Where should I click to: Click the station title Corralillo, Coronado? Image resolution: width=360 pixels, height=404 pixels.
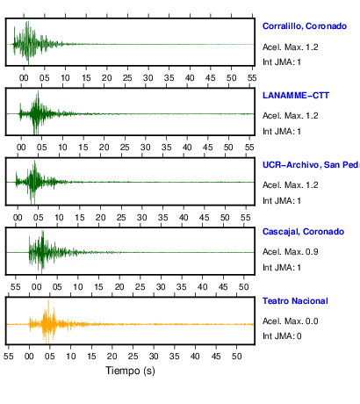click(305, 26)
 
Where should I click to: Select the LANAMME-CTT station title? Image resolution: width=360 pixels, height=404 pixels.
click(296, 96)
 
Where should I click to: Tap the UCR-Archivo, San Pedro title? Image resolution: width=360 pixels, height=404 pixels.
click(311, 165)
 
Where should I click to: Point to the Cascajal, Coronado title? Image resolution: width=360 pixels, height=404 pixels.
click(303, 232)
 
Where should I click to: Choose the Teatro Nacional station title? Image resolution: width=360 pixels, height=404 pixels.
click(295, 301)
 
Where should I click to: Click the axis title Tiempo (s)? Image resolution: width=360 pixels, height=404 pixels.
click(130, 371)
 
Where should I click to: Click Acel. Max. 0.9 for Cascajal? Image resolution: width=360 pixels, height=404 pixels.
click(291, 252)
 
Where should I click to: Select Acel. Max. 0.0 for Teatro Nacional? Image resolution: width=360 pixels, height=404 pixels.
click(291, 321)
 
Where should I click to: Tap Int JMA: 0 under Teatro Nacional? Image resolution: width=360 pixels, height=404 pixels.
click(282, 335)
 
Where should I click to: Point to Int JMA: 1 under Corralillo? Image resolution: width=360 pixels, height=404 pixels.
click(282, 62)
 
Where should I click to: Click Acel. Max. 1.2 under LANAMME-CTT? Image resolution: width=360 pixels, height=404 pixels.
click(291, 116)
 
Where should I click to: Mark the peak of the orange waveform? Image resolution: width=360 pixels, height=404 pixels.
click(48, 300)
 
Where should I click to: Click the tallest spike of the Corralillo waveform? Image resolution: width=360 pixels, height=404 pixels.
click(28, 21)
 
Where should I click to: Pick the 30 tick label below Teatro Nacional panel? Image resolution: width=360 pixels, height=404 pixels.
click(154, 357)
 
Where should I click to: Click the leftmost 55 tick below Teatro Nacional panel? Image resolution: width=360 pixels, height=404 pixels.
click(9, 357)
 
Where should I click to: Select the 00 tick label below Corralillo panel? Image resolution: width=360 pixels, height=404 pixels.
click(24, 78)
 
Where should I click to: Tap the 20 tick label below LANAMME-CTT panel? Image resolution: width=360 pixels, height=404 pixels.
click(104, 148)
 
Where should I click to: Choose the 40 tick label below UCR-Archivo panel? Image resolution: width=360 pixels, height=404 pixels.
click(184, 218)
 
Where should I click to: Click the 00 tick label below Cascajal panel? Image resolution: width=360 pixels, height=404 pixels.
click(36, 287)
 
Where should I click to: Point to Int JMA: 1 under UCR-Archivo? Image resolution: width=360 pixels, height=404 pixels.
click(282, 201)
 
